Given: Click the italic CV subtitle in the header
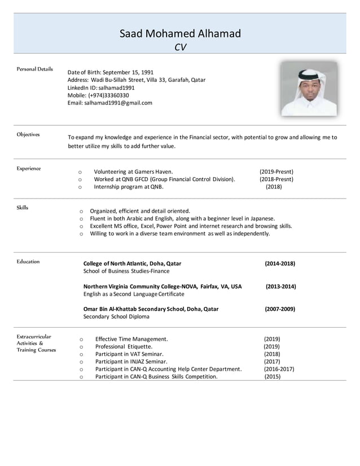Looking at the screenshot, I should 180,47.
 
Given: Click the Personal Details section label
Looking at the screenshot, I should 35,69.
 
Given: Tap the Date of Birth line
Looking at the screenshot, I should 110,72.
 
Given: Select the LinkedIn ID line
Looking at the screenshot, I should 101,87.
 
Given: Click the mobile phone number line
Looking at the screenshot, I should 98,95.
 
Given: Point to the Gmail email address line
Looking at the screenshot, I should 109,103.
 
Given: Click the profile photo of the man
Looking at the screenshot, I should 309,89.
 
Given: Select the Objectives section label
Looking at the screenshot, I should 28,134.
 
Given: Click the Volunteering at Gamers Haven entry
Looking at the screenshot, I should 133,172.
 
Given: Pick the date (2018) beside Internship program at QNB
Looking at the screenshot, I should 274,187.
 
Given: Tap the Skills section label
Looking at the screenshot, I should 23,208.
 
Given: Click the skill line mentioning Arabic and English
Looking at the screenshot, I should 182,218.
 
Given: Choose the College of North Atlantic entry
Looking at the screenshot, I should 132,263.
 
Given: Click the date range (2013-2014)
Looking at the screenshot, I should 280,287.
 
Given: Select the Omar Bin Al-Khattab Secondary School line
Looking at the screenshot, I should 151,309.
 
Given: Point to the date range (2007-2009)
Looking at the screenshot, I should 280,309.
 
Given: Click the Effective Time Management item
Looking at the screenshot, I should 131,339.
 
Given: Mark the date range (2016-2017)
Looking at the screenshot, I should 279,369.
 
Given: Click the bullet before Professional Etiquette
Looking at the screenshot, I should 82,347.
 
